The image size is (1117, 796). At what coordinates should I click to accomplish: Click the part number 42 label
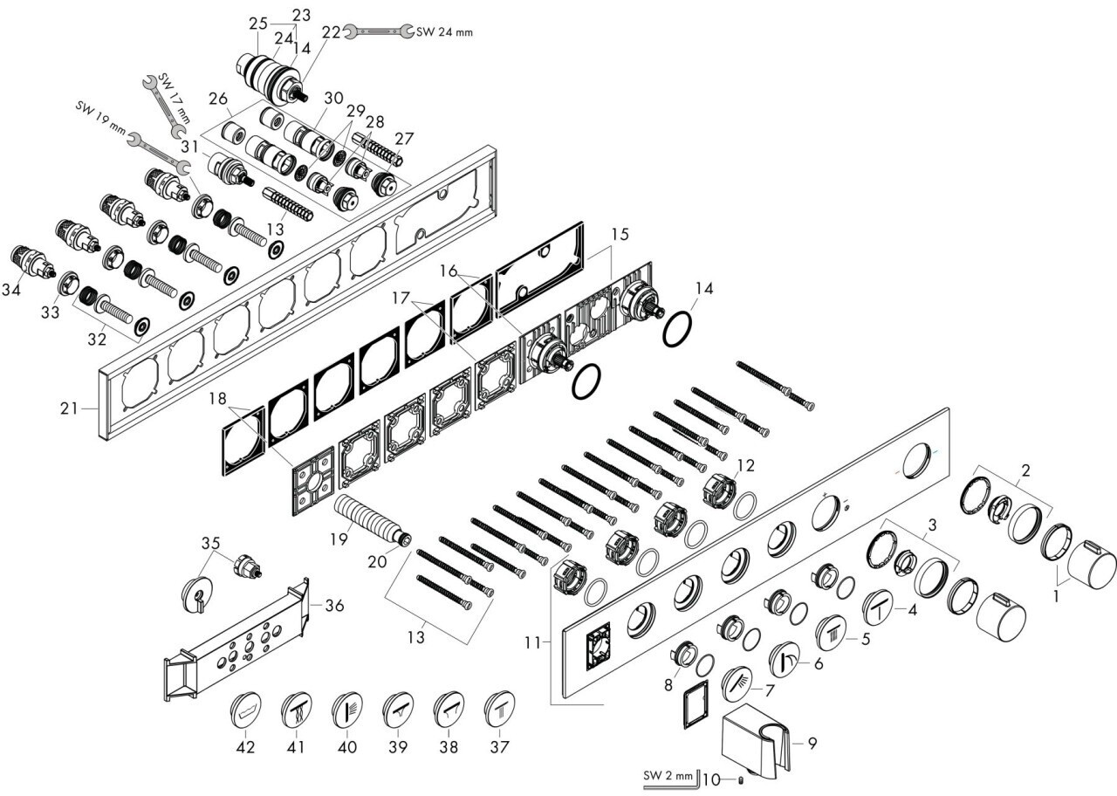click(x=245, y=746)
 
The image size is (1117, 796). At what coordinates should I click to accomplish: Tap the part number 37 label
click(x=500, y=746)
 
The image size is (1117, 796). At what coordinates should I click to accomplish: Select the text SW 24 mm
click(x=444, y=32)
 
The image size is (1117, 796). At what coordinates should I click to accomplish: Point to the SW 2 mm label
click(x=668, y=776)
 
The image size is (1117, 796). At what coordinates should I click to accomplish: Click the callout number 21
click(x=69, y=408)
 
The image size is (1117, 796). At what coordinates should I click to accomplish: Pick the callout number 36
click(x=334, y=606)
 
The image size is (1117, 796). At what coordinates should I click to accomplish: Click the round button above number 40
click(x=347, y=709)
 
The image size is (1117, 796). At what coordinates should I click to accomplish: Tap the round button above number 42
click(x=246, y=708)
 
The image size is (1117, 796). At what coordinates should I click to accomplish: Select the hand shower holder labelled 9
click(x=756, y=746)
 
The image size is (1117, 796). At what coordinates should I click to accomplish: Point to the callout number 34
click(x=11, y=289)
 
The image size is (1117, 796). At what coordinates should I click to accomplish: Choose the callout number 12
click(x=745, y=466)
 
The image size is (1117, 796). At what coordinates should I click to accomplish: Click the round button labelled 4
click(x=879, y=608)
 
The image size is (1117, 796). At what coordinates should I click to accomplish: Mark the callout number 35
click(x=210, y=543)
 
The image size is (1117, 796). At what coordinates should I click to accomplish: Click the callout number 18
click(x=218, y=399)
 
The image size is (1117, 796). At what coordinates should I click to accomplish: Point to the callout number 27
click(x=404, y=139)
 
